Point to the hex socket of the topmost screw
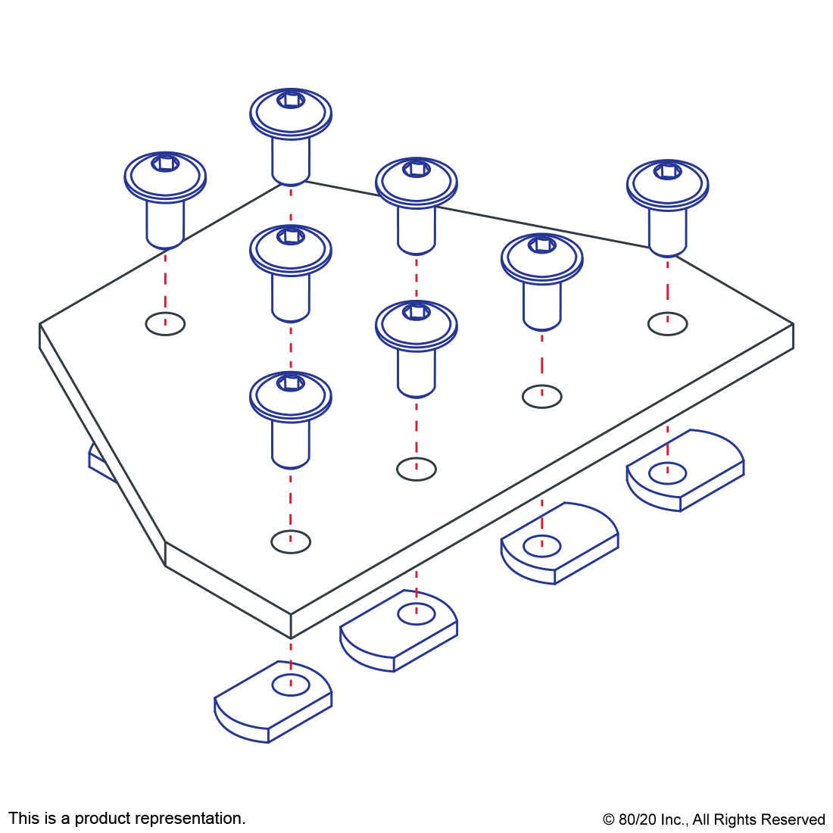click(x=291, y=101)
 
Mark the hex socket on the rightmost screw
click(x=667, y=171)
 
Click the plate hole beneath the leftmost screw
click(x=165, y=323)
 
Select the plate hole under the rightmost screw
click(x=667, y=323)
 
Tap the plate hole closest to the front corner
click(x=291, y=541)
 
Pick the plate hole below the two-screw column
click(x=416, y=469)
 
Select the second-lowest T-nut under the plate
click(x=399, y=631)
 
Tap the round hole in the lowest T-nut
click(x=291, y=686)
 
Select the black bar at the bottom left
click(x=126, y=819)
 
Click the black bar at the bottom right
click(x=713, y=821)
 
